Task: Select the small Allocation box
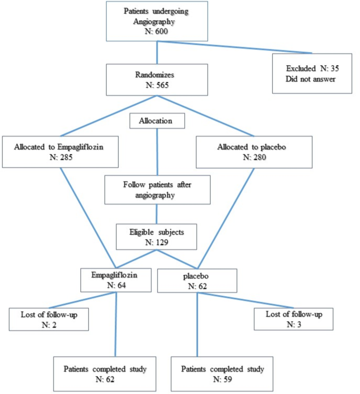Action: click(x=157, y=121)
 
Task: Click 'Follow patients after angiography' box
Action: click(x=157, y=190)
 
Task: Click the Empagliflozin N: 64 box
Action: click(x=115, y=280)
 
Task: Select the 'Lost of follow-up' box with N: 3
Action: click(x=293, y=319)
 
